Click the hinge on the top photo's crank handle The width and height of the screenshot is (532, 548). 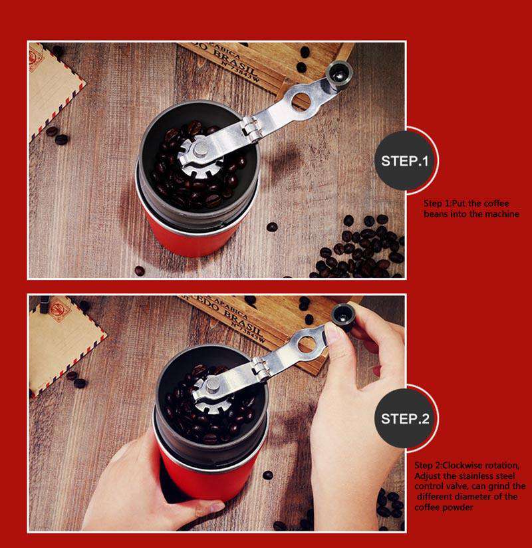pos(251,128)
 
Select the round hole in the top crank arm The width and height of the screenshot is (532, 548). pos(301,100)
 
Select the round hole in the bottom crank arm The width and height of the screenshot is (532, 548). pos(307,344)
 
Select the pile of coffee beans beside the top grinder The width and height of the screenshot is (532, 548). pos(362,249)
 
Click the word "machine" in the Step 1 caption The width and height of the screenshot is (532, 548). pos(498,214)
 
